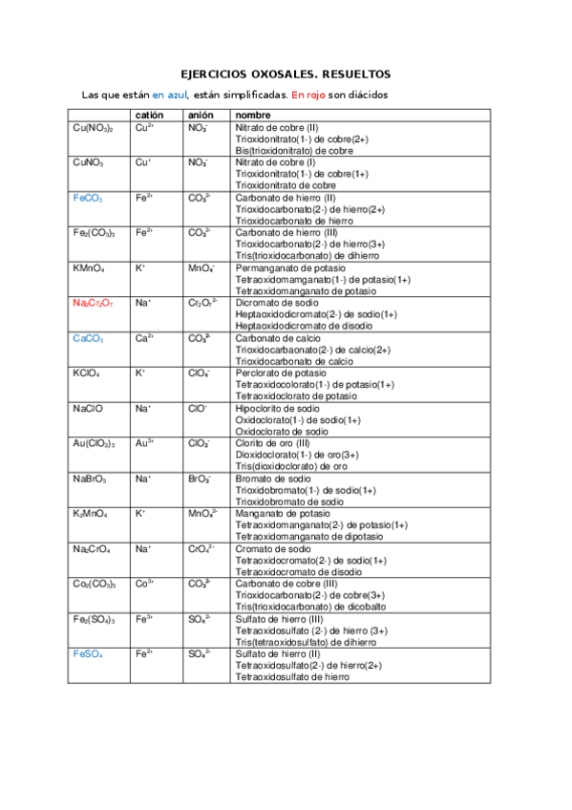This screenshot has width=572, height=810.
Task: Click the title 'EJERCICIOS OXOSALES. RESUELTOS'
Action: tap(286, 74)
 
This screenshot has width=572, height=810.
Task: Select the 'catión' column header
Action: tap(149, 115)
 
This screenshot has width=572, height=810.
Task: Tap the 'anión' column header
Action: tap(201, 115)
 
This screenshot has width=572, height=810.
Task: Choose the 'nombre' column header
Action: tap(253, 115)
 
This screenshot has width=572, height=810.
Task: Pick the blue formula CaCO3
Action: tap(88, 339)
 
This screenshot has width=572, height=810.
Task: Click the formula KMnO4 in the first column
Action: tap(89, 268)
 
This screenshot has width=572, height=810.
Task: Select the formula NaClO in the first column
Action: tap(88, 409)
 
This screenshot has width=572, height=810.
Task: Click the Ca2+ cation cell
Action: tap(145, 338)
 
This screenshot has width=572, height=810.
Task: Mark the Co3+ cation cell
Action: tap(145, 584)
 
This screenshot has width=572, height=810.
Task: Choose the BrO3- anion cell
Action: tap(200, 479)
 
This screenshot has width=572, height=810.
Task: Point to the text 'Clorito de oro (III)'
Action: tap(278, 444)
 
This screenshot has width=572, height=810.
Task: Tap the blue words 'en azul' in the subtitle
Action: tap(171, 96)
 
